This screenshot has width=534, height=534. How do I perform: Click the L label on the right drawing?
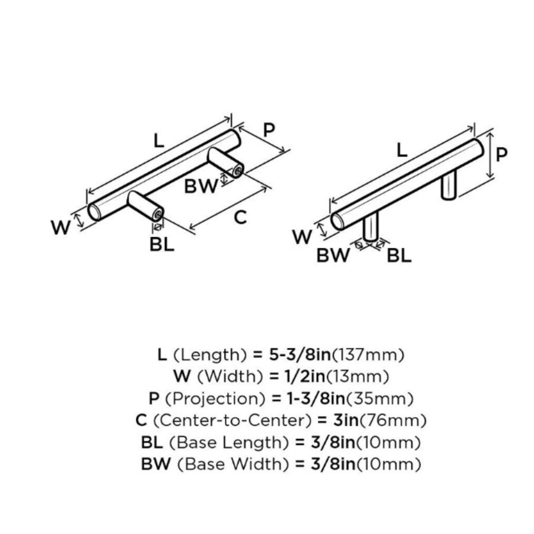coord(402,150)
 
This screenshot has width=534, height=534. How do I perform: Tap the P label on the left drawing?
coord(269,130)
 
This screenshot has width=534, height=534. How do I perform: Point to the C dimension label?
coord(240,218)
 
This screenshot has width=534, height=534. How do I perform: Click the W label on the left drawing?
coord(61,227)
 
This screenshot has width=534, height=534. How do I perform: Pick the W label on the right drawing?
coord(302,237)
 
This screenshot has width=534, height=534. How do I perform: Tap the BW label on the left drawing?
coord(201,186)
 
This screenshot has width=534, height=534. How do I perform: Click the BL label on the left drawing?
coord(162,244)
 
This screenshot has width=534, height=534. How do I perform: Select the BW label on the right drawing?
coord(333,256)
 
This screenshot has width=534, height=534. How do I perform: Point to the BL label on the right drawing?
coord(399,256)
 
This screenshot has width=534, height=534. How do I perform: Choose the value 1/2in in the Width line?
coord(292,376)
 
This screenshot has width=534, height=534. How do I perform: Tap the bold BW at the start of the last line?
coord(155,464)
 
